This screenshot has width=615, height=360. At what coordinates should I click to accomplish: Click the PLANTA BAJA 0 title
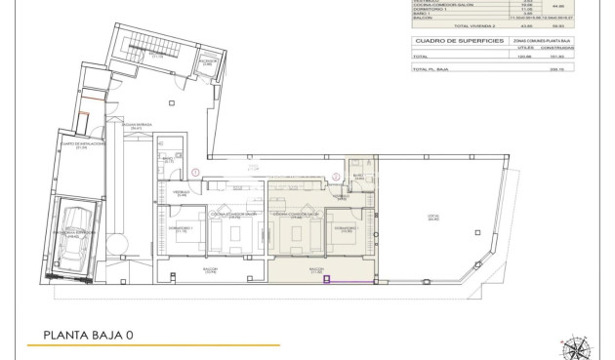tap(89, 336)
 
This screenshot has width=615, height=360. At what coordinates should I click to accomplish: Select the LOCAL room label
tap(433, 217)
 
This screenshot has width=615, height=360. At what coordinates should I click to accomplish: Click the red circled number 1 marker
tap(196, 173)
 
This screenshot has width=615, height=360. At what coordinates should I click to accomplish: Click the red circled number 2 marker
tap(337, 177)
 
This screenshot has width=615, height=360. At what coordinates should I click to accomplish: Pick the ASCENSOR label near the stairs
tap(207, 60)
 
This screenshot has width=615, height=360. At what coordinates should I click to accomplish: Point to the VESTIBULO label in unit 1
tap(182, 193)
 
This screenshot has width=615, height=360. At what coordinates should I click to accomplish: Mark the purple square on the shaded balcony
tap(327, 280)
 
